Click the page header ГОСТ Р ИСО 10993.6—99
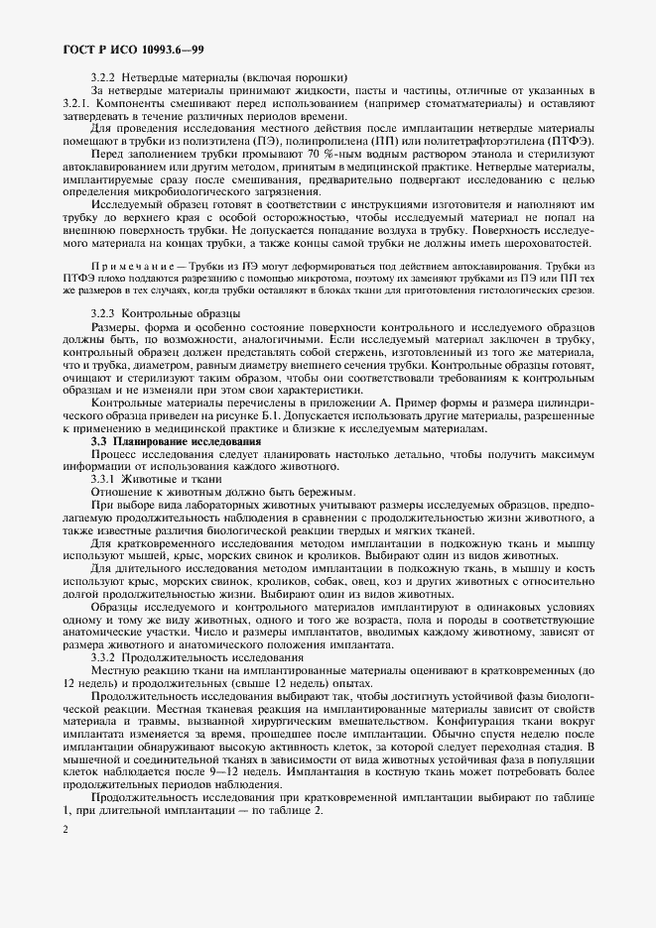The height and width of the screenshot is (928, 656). tap(134, 49)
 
